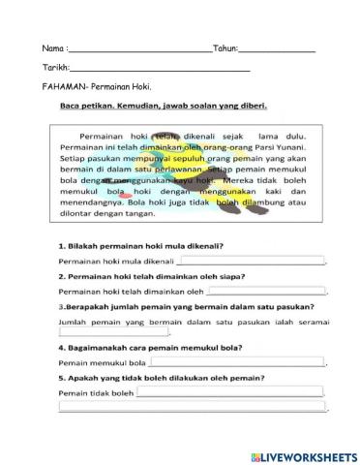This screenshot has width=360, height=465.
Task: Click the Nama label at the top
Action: click(x=53, y=47)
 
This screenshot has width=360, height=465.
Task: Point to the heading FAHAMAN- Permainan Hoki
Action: click(x=99, y=87)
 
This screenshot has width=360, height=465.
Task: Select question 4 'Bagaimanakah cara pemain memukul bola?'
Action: click(x=149, y=348)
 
